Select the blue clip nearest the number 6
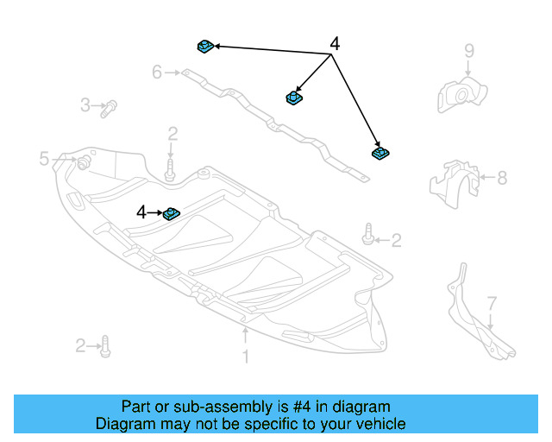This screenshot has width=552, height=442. (x=205, y=46)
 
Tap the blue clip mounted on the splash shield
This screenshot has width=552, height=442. (x=171, y=212)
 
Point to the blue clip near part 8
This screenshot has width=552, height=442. (x=379, y=153)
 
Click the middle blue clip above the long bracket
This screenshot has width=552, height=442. (x=293, y=98)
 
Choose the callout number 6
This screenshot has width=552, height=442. (x=157, y=73)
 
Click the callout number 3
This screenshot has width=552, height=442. (x=85, y=105)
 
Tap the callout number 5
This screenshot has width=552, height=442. (x=44, y=158)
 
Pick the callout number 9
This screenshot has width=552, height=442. (x=469, y=50)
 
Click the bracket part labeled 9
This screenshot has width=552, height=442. (x=461, y=93)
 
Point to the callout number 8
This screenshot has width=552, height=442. (x=502, y=178)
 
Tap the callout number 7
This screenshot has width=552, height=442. (x=492, y=303)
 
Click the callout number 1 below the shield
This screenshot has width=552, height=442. (x=245, y=356)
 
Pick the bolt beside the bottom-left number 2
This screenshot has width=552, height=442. (x=104, y=346)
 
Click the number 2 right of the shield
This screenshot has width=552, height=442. (x=396, y=240)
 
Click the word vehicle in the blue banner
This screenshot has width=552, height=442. (x=375, y=424)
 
